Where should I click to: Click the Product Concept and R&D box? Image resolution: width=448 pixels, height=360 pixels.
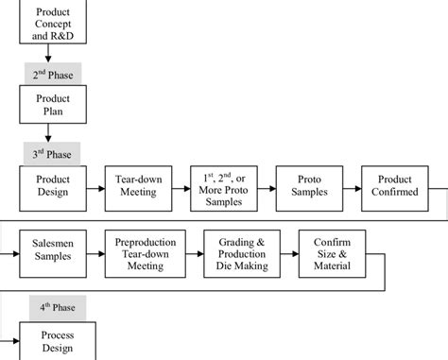click(52, 22)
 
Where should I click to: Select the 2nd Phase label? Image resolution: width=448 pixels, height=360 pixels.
click(52, 72)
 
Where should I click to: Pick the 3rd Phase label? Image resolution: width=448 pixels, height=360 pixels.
click(52, 151)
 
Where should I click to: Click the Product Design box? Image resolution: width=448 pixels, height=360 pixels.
click(52, 186)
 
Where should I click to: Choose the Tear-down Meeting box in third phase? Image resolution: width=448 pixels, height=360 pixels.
click(137, 186)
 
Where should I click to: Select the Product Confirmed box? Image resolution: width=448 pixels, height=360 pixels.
click(394, 186)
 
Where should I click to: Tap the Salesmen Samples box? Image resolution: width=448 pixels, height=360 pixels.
click(52, 252)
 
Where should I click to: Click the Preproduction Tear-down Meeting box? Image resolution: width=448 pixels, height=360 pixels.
click(146, 252)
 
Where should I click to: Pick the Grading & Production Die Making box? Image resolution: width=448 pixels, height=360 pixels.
click(241, 252)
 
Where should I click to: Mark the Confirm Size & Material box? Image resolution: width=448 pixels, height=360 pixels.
click(332, 252)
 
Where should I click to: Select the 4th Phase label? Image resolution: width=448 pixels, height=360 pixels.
click(52, 306)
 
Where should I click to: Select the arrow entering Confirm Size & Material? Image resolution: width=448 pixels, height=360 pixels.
click(289, 252)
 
